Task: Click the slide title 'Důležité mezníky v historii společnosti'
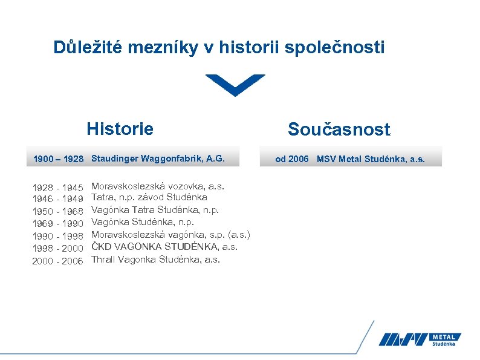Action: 218,47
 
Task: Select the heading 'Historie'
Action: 120,129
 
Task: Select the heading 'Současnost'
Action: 339,129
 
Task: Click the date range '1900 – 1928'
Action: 58,159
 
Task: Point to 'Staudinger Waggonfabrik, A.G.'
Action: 158,159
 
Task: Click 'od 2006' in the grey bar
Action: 291,159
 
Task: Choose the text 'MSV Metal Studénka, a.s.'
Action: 371,159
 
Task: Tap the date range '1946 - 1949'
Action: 57,198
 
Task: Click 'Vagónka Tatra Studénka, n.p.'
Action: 155,210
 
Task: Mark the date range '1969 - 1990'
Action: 57,223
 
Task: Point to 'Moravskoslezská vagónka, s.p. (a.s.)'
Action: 170,235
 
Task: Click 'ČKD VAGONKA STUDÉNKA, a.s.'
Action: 164,247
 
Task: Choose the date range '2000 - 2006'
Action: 57,261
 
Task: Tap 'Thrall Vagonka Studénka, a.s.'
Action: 155,260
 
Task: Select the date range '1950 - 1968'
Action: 57,211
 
